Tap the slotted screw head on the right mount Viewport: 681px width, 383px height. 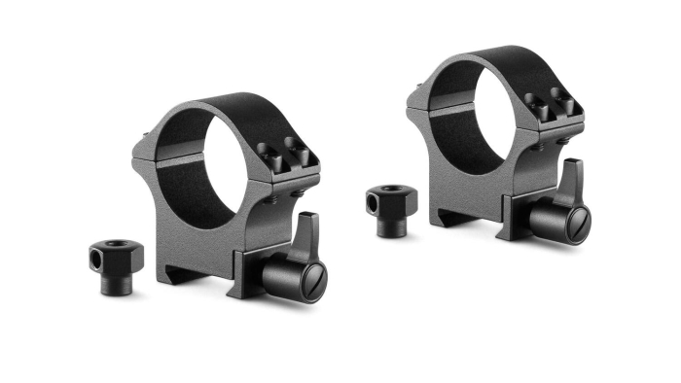coord(573,226)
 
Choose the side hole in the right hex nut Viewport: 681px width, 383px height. coord(376,202)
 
